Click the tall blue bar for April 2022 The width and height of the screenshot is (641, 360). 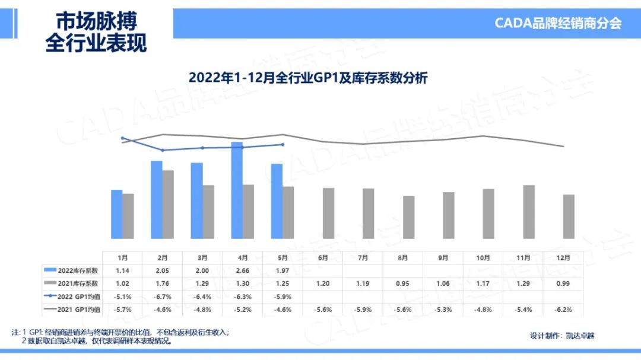coord(236,190)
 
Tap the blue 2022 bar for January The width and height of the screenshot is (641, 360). coord(117,214)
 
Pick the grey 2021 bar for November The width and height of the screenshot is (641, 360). coord(529,212)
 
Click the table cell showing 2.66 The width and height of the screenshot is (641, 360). coord(243,270)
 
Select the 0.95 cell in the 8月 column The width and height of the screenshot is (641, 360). coord(403,283)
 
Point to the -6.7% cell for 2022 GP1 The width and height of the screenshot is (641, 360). coord(163,296)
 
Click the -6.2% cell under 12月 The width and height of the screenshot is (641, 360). coord(563,309)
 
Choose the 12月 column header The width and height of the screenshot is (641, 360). coord(563,257)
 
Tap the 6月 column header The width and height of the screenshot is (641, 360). coord(323,257)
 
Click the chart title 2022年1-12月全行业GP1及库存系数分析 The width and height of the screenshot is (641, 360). coord(308,78)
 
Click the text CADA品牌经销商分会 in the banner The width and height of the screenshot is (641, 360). coord(558,23)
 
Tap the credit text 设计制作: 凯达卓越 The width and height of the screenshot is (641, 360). coord(561,336)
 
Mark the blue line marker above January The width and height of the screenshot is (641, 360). coord(122,138)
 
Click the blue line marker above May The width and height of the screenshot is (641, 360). coord(283,144)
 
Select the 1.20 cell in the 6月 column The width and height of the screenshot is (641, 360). coord(323,283)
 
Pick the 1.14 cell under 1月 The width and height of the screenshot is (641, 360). coord(122,270)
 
